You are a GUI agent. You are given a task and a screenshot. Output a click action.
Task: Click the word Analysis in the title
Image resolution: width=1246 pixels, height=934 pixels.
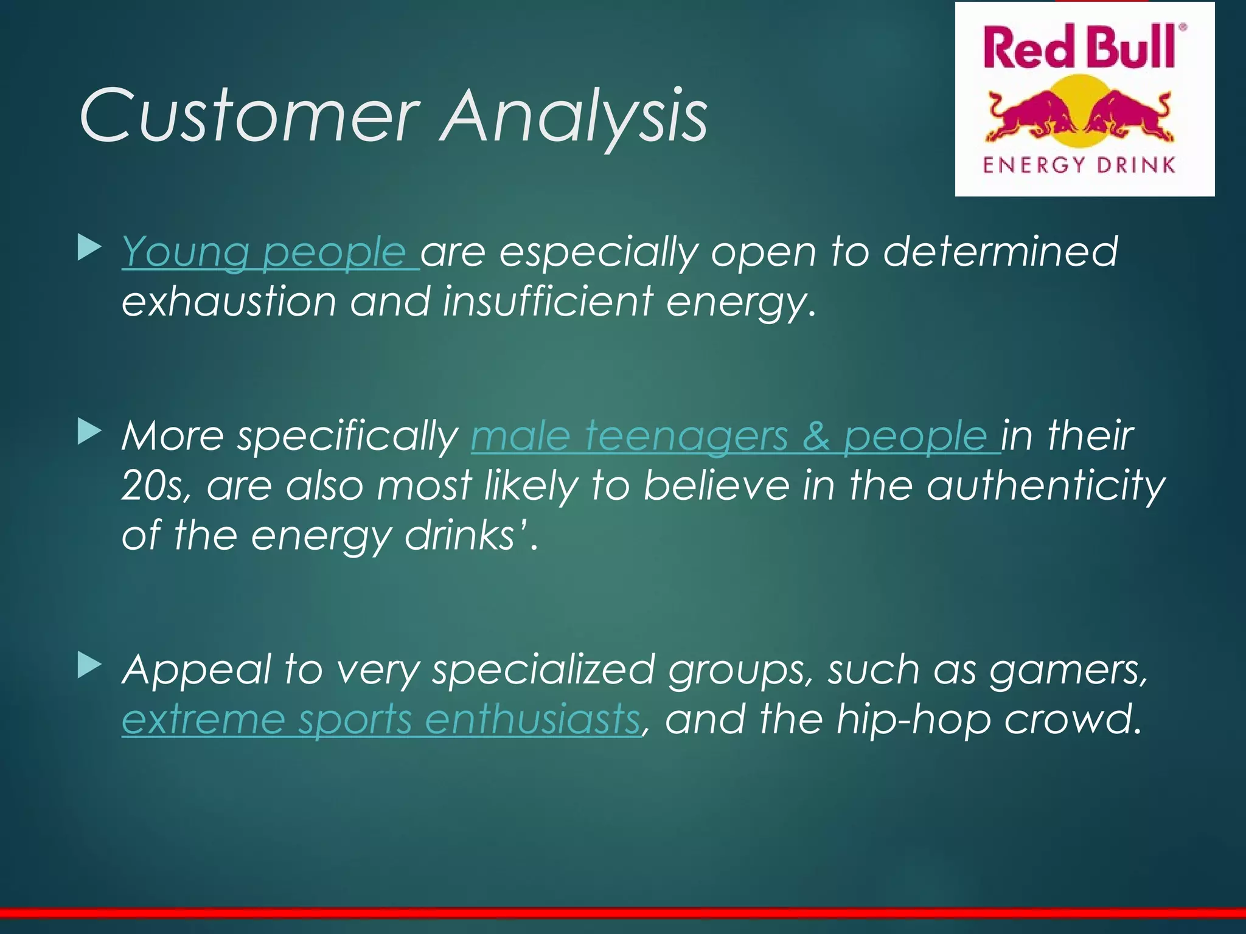coord(575,116)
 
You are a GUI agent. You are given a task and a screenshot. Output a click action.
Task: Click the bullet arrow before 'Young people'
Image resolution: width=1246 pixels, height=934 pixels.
coord(89,249)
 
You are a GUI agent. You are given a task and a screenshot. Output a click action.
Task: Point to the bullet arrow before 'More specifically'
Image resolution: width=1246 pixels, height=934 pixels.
coord(89,433)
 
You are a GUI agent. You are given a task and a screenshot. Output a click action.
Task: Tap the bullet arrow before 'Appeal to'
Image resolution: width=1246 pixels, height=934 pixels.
coord(89,667)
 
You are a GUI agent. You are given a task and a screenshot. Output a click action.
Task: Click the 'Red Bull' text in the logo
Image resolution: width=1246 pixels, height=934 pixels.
coord(1079,47)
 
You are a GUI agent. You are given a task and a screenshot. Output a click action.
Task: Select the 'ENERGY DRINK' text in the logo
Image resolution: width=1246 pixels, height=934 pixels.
coord(1079,165)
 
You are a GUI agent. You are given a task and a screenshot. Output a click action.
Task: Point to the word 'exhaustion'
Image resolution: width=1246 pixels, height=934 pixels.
coord(229,302)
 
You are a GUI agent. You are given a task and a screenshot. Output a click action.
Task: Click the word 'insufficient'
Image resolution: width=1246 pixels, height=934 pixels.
coord(547,302)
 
